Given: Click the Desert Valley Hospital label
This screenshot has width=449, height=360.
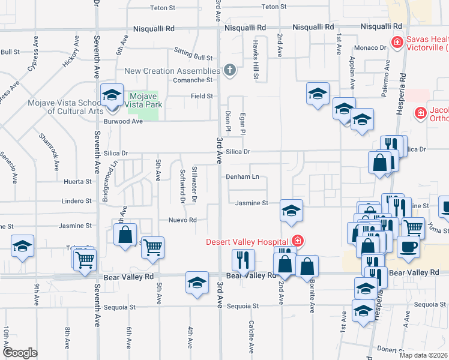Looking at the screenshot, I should point(248,242).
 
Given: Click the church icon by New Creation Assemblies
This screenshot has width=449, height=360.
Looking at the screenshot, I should point(228,71).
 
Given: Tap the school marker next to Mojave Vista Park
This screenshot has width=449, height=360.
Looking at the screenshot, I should point(112,95).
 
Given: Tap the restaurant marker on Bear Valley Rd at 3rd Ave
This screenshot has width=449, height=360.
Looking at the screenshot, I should point(243,260).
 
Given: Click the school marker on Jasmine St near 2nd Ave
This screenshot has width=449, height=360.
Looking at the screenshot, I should point(291,211).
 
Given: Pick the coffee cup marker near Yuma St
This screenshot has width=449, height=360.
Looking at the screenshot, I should point(408,246).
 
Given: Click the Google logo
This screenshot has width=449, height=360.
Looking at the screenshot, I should point(20,353).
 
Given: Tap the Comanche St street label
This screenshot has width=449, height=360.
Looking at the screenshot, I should point(193,80).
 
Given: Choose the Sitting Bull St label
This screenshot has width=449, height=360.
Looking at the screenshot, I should point(193,58).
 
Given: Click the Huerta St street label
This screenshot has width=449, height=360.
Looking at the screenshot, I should point(78,181).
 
